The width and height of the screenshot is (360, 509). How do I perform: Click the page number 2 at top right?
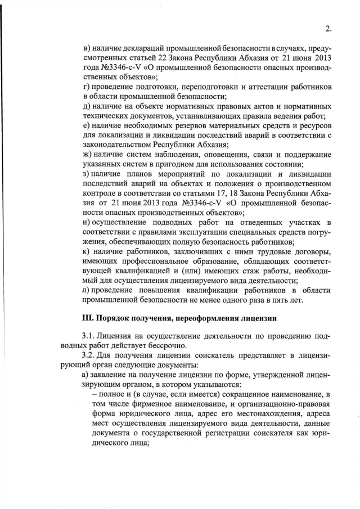pos(328,30)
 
